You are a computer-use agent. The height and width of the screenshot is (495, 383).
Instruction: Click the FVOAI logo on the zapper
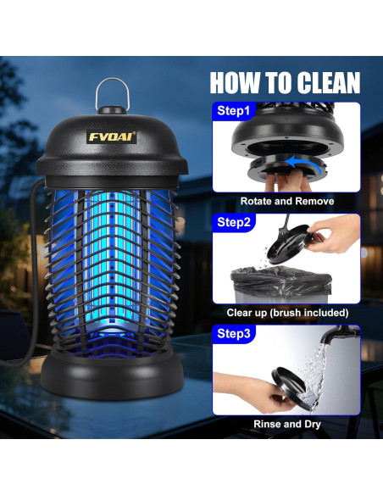(x=112, y=136)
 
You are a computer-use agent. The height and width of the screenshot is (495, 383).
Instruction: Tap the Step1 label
(x=234, y=110)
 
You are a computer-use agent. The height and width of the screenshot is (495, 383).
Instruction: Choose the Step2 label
(x=234, y=222)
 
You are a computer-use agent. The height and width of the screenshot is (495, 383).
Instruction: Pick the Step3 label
(x=234, y=333)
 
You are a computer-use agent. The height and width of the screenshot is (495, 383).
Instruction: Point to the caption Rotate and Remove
(x=287, y=201)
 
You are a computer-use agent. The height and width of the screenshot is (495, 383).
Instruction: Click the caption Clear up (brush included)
(x=287, y=313)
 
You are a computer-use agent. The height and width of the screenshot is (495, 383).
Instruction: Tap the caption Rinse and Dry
(x=287, y=424)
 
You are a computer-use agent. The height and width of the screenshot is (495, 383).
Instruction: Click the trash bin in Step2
(x=280, y=284)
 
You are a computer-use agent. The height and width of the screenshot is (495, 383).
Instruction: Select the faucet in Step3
(x=340, y=335)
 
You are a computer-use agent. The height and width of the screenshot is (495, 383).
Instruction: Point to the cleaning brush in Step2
(x=285, y=228)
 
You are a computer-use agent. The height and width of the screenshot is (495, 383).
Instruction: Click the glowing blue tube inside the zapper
(x=111, y=259)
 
